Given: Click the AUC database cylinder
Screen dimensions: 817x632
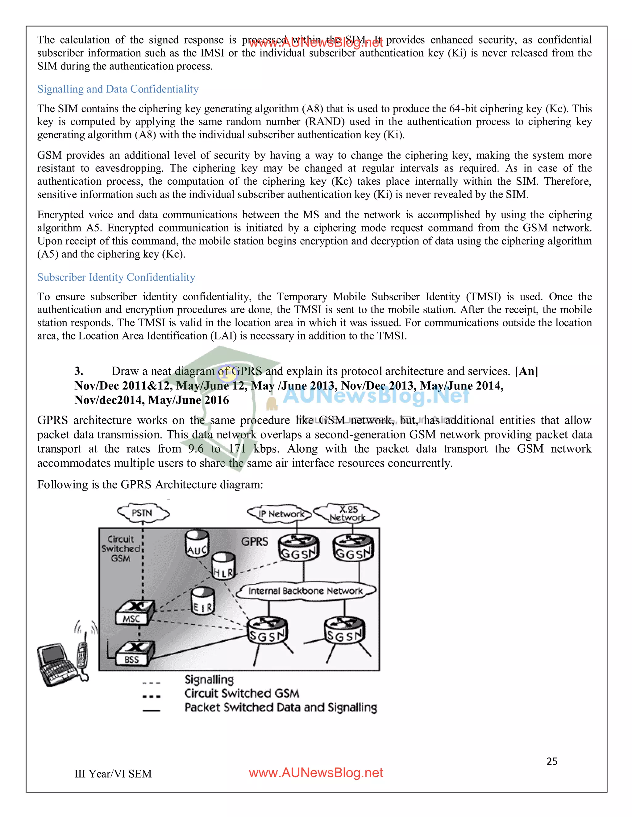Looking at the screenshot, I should click(197, 544).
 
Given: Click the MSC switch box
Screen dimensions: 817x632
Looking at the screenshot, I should click(134, 613).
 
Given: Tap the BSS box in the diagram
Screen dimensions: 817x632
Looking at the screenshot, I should click(134, 654).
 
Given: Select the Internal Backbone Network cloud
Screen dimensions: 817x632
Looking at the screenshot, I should click(306, 591).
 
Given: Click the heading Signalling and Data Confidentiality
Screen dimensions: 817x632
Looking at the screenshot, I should click(118, 89).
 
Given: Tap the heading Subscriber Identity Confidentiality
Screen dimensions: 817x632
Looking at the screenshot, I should click(116, 277).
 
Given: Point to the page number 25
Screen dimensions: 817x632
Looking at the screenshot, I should click(552, 761).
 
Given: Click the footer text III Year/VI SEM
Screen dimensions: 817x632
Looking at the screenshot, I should click(113, 774).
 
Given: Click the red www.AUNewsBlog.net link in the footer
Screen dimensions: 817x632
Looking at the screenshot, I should click(316, 773).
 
